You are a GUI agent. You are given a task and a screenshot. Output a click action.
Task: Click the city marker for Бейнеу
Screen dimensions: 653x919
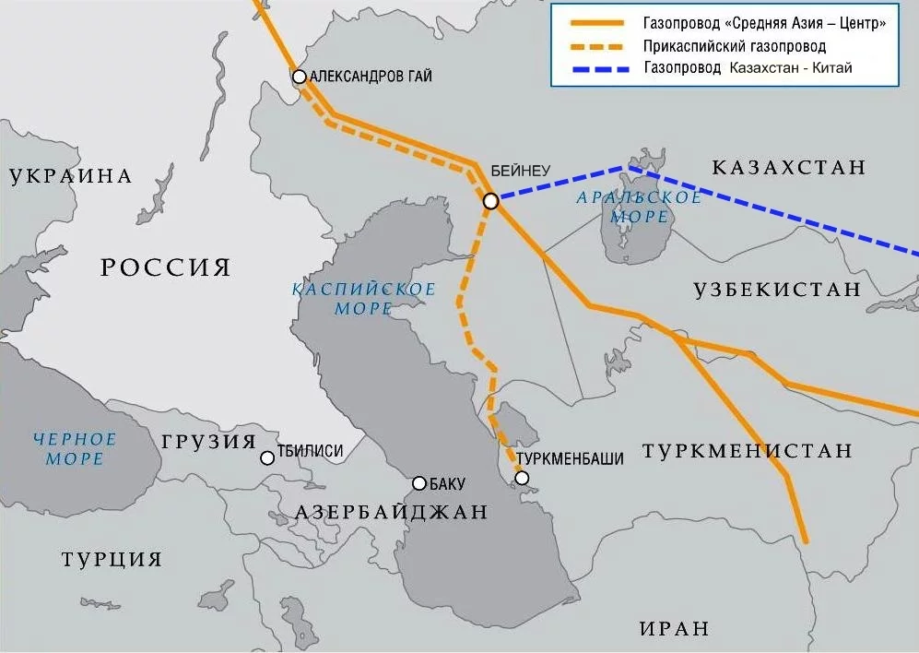(491, 200)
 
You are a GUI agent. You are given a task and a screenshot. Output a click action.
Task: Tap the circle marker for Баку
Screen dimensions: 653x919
(419, 483)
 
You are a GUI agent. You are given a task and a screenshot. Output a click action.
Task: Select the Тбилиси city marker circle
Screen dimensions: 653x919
(267, 457)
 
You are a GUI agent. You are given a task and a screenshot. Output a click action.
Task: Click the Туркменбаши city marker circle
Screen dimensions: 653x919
(523, 478)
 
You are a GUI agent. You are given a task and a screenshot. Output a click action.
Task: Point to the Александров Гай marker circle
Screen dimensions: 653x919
(300, 77)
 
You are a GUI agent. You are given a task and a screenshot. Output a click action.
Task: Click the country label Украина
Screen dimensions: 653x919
(71, 176)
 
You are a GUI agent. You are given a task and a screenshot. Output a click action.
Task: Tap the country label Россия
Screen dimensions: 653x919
(165, 267)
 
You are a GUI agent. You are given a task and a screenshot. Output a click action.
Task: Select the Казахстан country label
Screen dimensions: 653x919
(789, 167)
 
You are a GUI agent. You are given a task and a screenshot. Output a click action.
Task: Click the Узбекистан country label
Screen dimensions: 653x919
(777, 290)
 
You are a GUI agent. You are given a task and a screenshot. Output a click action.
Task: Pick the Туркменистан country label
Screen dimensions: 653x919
(748, 451)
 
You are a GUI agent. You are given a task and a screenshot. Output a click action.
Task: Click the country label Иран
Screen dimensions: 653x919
(675, 629)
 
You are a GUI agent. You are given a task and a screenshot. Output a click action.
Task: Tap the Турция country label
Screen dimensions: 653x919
(112, 559)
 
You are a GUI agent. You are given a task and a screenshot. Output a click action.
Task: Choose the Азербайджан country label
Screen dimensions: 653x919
(391, 512)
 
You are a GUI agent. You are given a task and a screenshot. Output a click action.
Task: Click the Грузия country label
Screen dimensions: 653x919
(208, 441)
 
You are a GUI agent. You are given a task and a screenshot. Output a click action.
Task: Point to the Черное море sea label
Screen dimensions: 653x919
(74, 448)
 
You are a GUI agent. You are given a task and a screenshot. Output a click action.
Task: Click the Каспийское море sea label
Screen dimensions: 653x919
(363, 299)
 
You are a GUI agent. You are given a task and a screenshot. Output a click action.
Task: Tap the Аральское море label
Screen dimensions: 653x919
(639, 207)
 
